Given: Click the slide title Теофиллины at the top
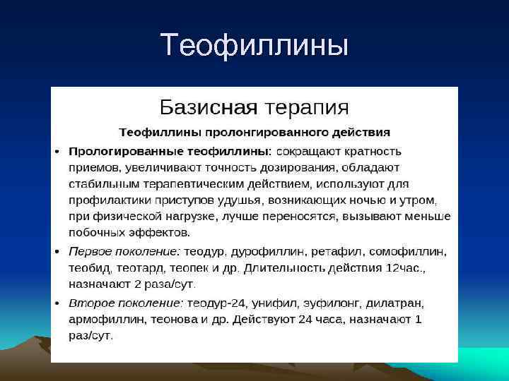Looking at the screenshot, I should pyautogui.click(x=255, y=46).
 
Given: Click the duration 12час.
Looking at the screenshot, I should pyautogui.click(x=406, y=269).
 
